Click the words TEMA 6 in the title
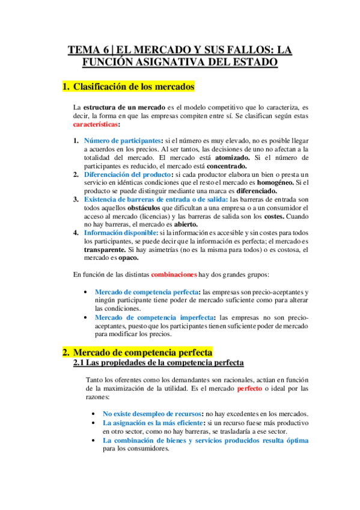[x=88, y=50]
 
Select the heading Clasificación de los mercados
[x=133, y=87]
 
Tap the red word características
[x=96, y=124]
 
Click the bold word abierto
[x=181, y=225]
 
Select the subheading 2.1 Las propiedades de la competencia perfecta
[x=158, y=363]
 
